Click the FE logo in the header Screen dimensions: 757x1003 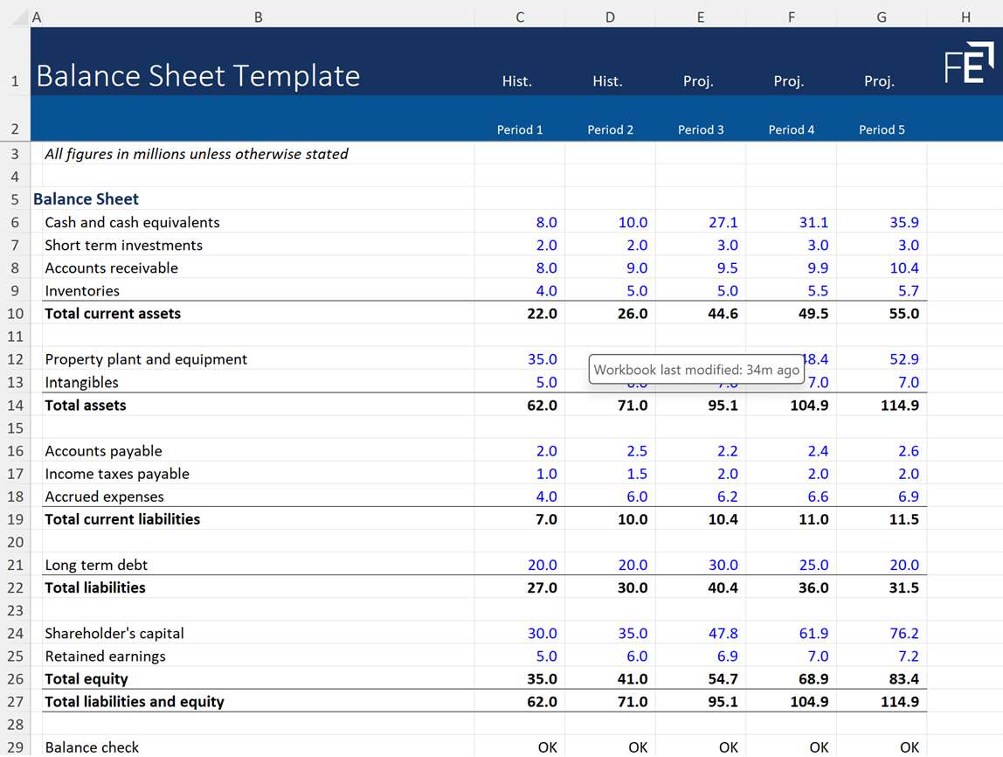969,64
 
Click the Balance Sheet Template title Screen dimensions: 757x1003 198,77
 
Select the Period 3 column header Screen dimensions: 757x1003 701,129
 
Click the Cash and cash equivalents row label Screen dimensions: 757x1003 132,223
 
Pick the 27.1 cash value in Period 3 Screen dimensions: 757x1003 723,223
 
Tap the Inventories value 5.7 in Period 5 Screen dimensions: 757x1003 903,291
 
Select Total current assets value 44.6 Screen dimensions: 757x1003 723,314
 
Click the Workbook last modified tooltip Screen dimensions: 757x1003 696,370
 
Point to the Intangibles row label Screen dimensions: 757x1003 81,382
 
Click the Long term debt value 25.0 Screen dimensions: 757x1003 813,566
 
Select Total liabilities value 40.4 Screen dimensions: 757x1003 723,588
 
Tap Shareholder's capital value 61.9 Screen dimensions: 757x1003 813,634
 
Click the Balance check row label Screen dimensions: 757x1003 92,747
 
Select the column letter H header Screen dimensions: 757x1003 965,17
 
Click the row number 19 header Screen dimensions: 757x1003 15,519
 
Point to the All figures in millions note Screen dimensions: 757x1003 197,154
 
